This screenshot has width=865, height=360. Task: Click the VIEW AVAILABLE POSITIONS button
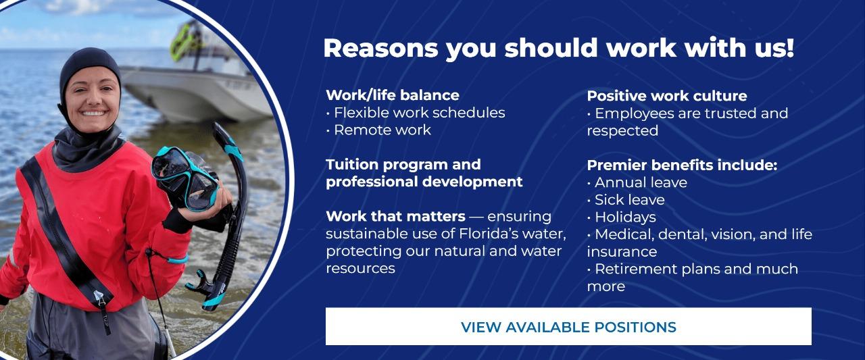pyautogui.click(x=568, y=326)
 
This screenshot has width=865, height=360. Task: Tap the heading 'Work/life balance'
pyautogui.click(x=393, y=95)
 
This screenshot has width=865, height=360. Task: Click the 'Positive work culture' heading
pyautogui.click(x=667, y=96)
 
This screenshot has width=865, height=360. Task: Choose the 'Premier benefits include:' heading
pyautogui.click(x=682, y=165)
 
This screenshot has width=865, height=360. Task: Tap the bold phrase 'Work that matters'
pyautogui.click(x=395, y=216)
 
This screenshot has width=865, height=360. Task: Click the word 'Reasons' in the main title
pyautogui.click(x=380, y=48)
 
